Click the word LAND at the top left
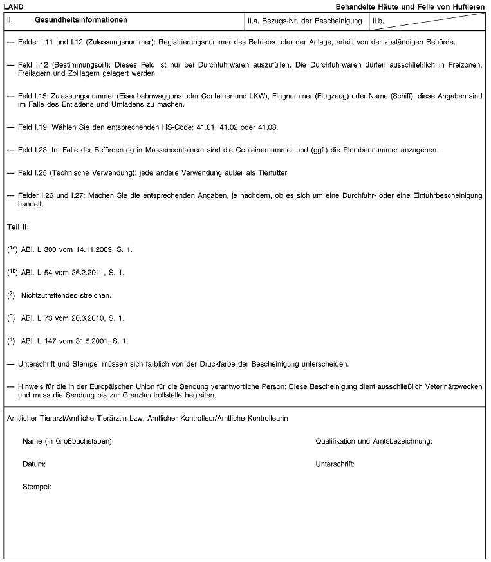tap(14, 6)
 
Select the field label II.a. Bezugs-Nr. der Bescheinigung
tap(304, 21)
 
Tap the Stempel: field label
tap(37, 486)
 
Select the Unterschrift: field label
tap(335, 464)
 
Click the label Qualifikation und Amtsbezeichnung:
tap(374, 441)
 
